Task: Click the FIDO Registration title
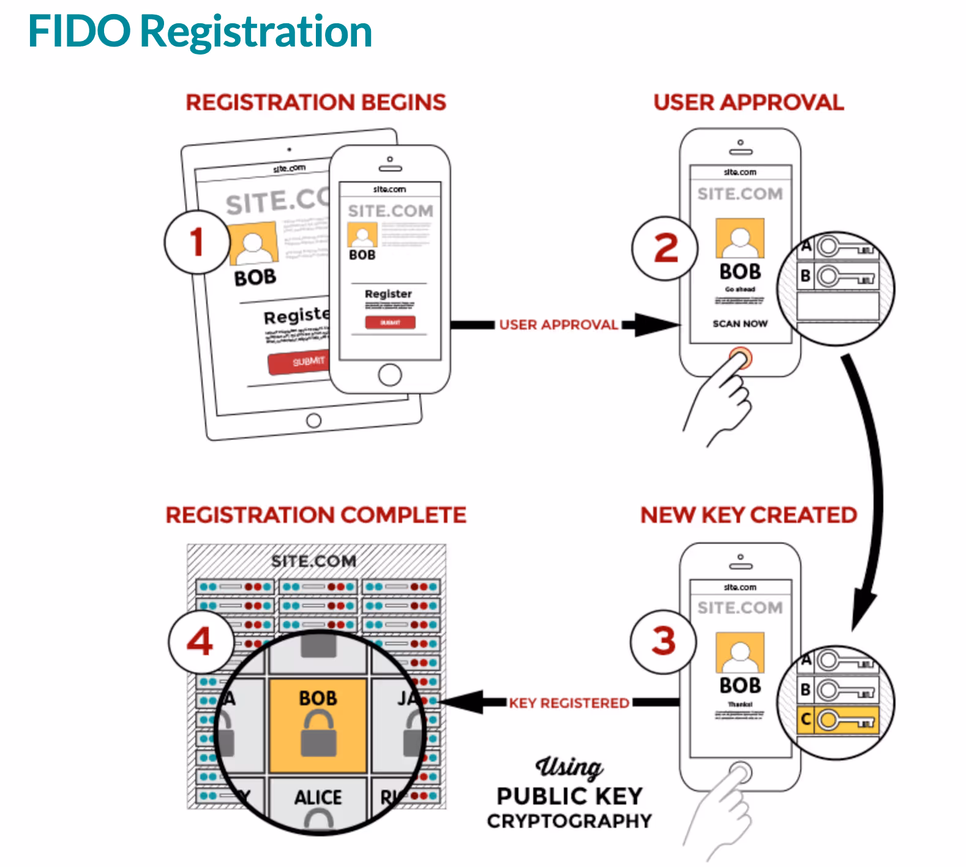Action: click(200, 31)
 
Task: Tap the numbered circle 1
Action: click(197, 242)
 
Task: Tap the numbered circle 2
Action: click(665, 248)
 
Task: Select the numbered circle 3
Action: click(664, 642)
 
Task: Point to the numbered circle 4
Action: click(200, 642)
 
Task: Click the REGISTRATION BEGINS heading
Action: click(316, 102)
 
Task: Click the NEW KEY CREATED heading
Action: click(748, 515)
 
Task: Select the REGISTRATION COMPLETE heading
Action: click(316, 515)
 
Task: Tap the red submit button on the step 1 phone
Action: click(390, 322)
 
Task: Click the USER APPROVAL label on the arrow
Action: click(558, 325)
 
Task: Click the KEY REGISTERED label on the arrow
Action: click(569, 703)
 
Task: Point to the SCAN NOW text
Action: click(739, 323)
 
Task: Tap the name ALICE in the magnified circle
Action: click(318, 797)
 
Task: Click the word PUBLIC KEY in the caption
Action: click(569, 796)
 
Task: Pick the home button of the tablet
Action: click(313, 421)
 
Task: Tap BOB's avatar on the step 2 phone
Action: click(739, 238)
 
